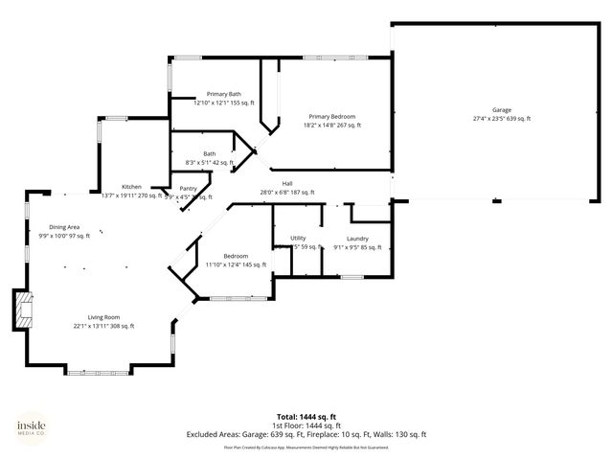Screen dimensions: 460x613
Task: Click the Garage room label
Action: [x=501, y=110]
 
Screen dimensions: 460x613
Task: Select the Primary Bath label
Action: [x=223, y=94]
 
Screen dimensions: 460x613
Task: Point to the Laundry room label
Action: [x=357, y=238]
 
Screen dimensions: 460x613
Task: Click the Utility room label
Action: [x=298, y=238]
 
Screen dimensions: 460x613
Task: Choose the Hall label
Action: [x=286, y=183]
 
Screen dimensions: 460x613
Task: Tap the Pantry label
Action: [x=188, y=189]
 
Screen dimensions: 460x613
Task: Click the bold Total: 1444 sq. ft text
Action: [x=306, y=416]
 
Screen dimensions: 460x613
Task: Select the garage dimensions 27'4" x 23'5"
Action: [x=501, y=119]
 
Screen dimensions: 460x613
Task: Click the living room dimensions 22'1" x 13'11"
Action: [x=104, y=326]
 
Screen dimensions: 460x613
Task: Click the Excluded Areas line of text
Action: [x=306, y=434]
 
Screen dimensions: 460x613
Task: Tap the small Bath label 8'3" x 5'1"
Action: [x=209, y=158]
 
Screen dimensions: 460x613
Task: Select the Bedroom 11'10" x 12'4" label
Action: [x=236, y=261]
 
